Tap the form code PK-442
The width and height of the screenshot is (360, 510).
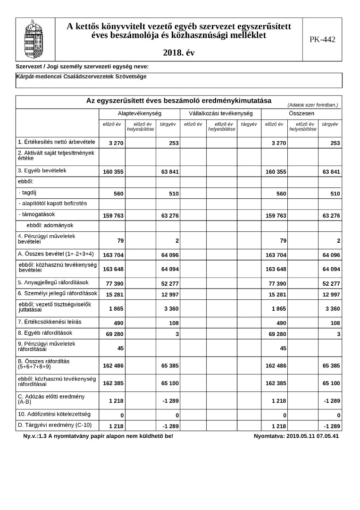point(322,40)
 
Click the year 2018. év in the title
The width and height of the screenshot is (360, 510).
point(178,53)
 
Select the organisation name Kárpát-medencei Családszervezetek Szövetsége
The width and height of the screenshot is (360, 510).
point(81,76)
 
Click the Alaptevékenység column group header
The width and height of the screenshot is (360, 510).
point(140,114)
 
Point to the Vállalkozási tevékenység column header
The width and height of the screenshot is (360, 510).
point(220,114)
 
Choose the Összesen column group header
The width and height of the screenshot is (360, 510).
point(301,114)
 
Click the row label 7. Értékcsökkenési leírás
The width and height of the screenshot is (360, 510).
point(50,322)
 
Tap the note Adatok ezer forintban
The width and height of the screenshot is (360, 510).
point(312,104)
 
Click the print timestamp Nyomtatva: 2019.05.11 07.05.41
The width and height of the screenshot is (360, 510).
point(296,436)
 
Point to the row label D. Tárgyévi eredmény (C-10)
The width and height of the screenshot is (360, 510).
point(55,425)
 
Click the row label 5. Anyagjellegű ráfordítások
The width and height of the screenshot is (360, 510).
point(53,282)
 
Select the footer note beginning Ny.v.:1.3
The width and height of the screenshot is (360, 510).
point(98,436)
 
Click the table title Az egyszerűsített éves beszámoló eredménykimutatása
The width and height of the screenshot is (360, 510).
point(178,101)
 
